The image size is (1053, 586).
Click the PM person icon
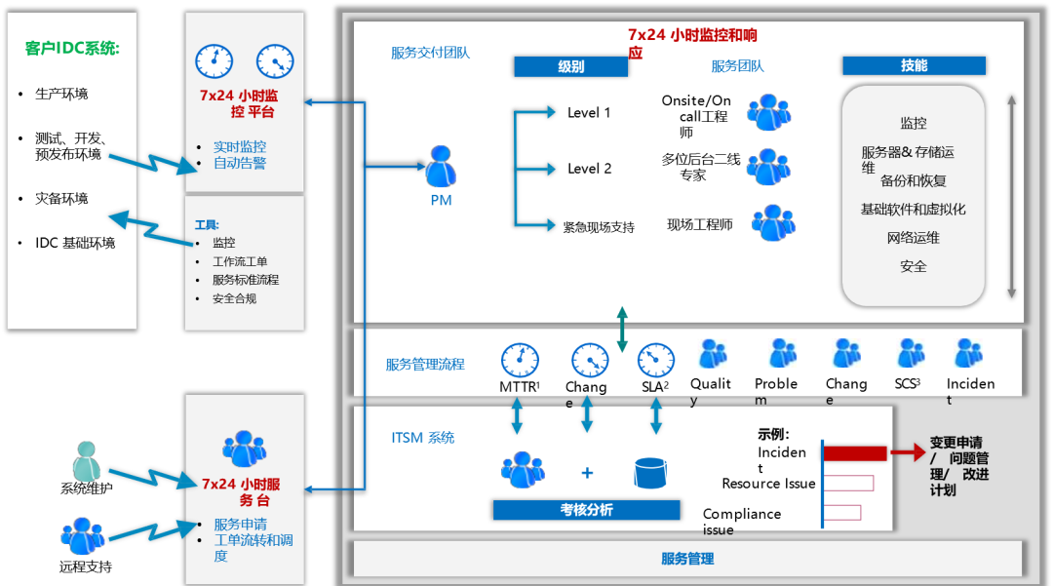pos(441,167)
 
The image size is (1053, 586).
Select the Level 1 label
pos(589,113)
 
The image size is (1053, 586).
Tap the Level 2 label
pos(589,169)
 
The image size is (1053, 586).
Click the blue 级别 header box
pos(571,66)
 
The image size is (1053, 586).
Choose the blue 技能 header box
pos(914,65)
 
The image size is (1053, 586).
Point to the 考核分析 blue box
pos(586,510)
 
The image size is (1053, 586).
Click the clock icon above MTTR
pos(520,360)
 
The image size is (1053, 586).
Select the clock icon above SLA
pos(656,360)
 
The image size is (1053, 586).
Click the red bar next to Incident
pos(855,453)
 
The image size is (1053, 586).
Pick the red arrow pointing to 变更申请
pos(908,452)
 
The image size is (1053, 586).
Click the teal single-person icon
pos(87,461)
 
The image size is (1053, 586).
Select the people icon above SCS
pos(911,354)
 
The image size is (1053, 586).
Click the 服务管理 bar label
pos(687,559)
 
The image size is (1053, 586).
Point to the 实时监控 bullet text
pos(240,146)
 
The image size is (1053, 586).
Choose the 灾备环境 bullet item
pos(61,198)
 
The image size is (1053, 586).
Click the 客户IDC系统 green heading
pos(72,48)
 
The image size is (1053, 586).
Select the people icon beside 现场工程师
pos(772,223)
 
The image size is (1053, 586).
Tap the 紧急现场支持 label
pos(599,227)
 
